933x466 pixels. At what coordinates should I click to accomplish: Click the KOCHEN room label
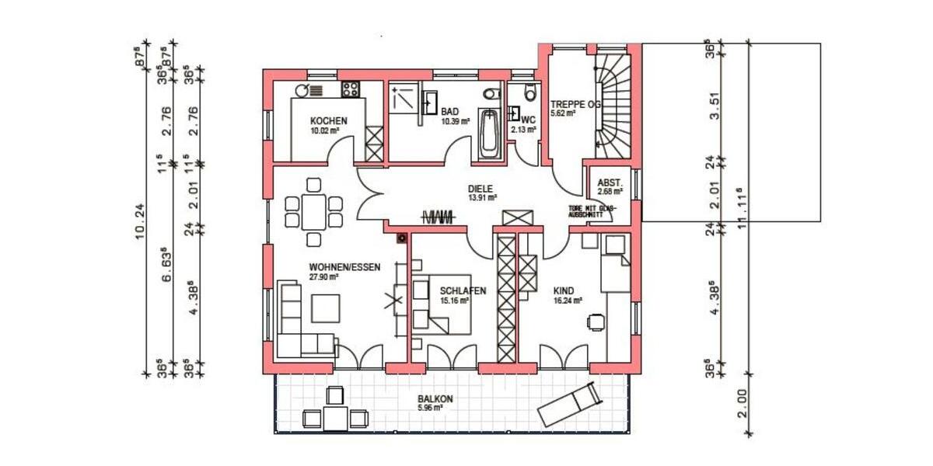[x=328, y=121]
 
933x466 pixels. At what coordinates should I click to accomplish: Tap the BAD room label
[x=450, y=113]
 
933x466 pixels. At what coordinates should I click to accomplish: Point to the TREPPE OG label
[x=576, y=104]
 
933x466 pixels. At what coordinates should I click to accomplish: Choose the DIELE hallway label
[x=481, y=189]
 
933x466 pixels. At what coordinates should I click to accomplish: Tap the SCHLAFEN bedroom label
[x=463, y=291]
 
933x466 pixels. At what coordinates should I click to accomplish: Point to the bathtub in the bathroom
[x=488, y=133]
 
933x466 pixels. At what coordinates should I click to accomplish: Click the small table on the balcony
[x=335, y=417]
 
